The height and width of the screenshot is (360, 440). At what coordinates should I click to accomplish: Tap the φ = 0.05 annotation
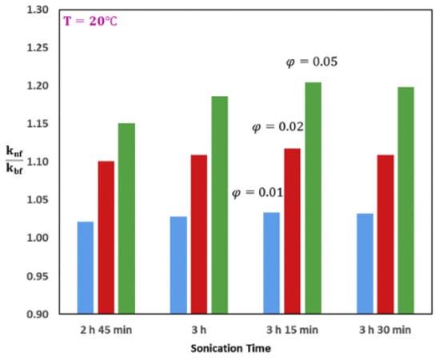(x=313, y=62)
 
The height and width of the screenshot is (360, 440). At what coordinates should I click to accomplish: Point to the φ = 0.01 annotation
(x=258, y=193)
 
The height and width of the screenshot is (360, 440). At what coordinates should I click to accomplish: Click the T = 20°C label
(x=91, y=22)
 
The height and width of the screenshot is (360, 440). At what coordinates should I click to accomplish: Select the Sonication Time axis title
(x=232, y=349)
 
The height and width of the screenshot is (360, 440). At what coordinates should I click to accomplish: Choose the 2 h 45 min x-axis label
(x=106, y=330)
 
